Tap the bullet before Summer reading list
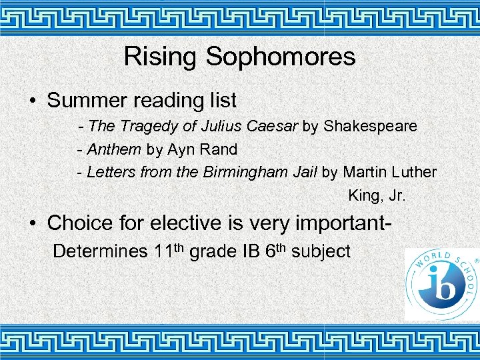(x=32, y=101)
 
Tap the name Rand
(x=221, y=149)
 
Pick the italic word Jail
(x=305, y=172)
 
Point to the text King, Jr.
(x=376, y=196)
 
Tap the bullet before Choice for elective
(x=32, y=223)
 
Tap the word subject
(x=321, y=252)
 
